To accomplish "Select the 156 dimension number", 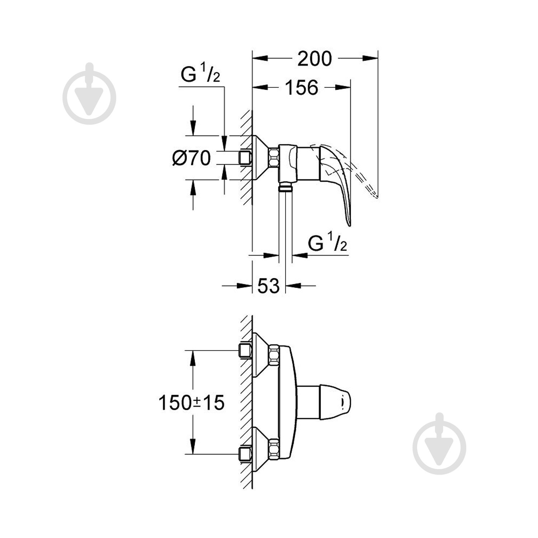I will click(x=301, y=88).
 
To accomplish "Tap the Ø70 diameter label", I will click(x=191, y=158).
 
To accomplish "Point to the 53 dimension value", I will click(x=268, y=286).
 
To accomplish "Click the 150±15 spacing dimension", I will click(x=191, y=402).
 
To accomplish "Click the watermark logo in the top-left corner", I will click(x=89, y=94).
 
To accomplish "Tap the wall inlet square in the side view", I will click(x=245, y=158).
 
